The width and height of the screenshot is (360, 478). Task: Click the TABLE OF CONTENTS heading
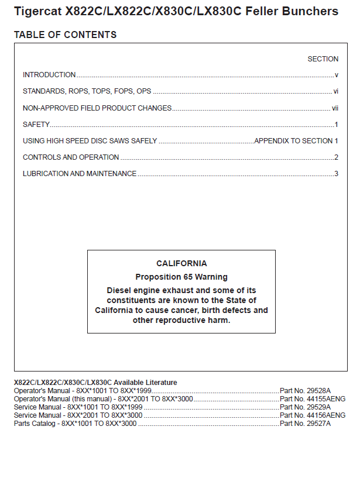tap(65, 35)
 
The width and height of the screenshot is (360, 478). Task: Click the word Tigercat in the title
tap(39, 11)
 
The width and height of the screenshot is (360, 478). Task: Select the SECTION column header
tap(323, 59)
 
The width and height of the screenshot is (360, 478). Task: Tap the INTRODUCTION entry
tap(49, 75)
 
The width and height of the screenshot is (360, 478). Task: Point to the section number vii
tap(335, 108)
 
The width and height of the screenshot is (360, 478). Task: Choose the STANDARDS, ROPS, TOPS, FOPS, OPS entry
tap(87, 91)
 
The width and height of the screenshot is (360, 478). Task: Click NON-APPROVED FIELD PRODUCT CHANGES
tap(97, 108)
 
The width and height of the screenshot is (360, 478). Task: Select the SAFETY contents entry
tap(36, 125)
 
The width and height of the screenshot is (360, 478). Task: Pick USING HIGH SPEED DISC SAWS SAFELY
tap(90, 141)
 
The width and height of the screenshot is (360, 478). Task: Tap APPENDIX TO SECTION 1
tap(296, 141)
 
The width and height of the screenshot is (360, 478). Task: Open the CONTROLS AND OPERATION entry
tap(71, 157)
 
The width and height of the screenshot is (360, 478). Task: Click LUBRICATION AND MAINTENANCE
tap(80, 174)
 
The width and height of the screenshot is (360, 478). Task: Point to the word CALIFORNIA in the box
tap(181, 263)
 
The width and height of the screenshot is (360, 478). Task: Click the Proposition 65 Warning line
tap(181, 277)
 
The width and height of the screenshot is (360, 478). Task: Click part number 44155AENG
tap(313, 398)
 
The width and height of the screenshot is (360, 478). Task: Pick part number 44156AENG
tap(313, 415)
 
